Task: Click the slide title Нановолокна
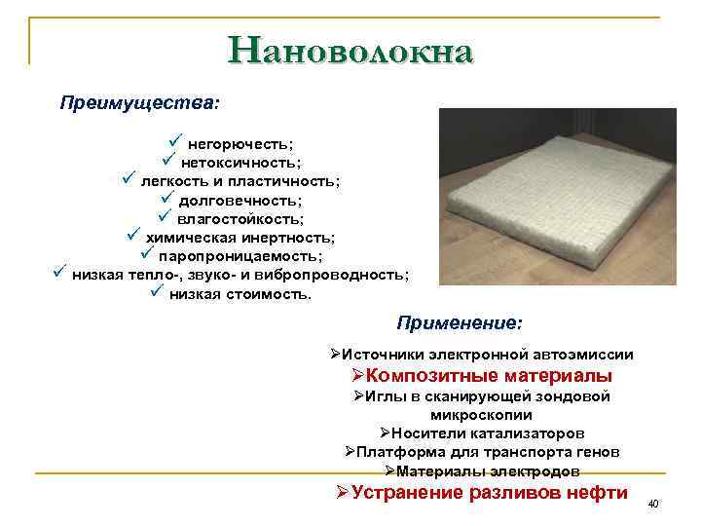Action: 350,51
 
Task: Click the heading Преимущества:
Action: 139,102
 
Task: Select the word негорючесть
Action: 240,144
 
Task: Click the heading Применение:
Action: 459,321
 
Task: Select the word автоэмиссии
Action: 581,356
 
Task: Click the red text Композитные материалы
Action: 481,376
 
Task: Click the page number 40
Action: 653,504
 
